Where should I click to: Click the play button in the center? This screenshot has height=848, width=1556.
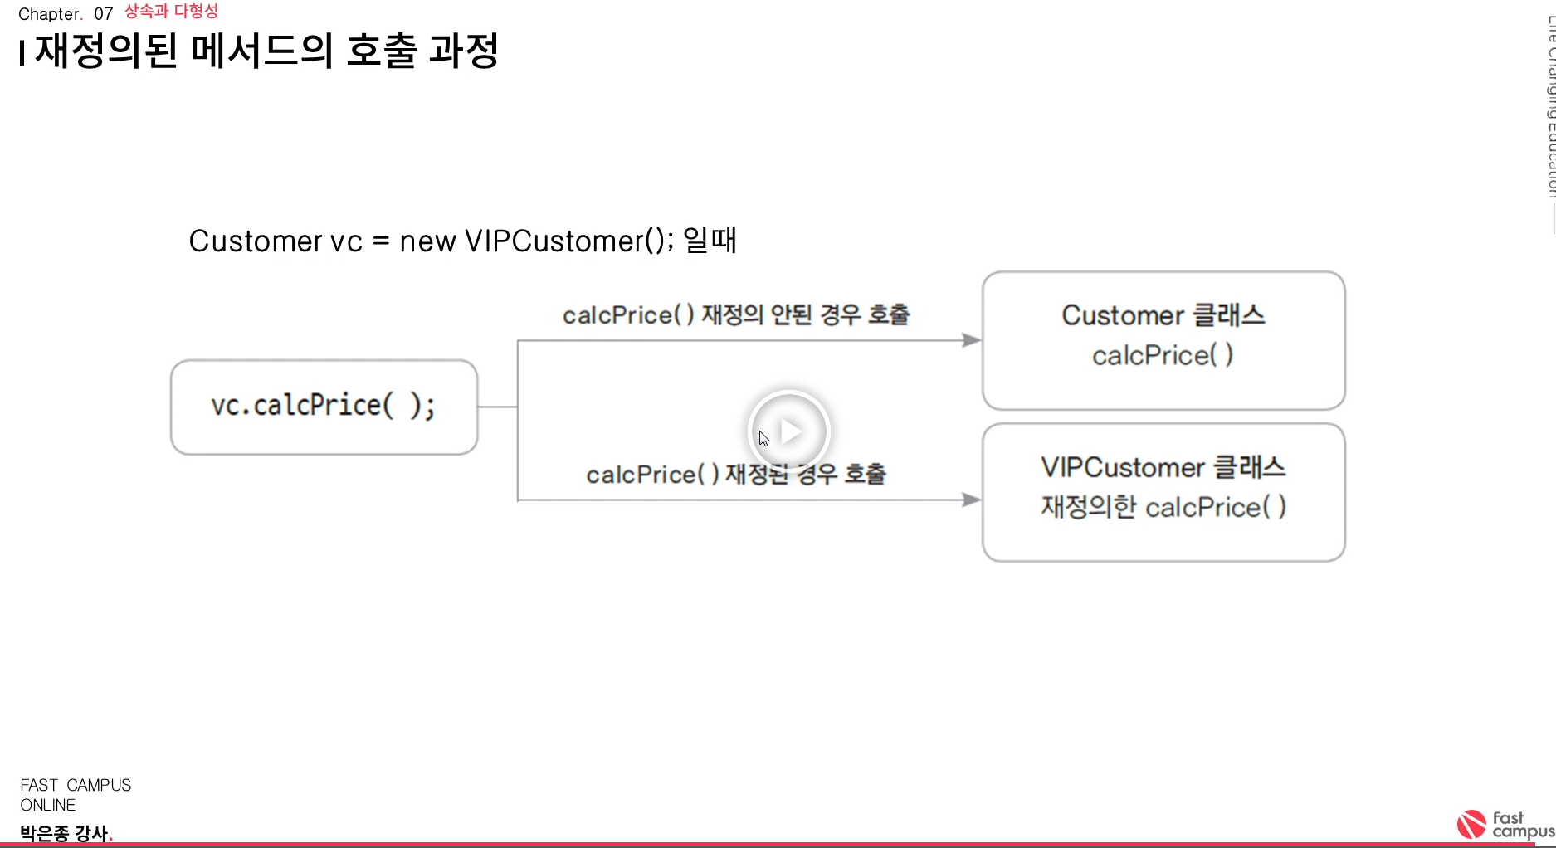pyautogui.click(x=788, y=431)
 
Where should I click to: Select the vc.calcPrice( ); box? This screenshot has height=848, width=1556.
pyautogui.click(x=324, y=407)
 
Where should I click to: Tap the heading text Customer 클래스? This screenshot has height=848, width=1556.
pyautogui.click(x=1163, y=315)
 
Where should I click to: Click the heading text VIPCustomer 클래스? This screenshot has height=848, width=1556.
pyautogui.click(x=1163, y=467)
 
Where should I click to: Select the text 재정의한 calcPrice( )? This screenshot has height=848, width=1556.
pyautogui.click(x=1163, y=507)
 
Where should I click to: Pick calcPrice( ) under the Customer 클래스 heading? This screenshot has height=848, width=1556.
pyautogui.click(x=1163, y=355)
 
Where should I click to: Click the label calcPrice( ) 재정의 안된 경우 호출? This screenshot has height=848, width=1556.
pyautogui.click(x=736, y=315)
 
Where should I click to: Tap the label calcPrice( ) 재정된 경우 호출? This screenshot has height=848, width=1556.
pyautogui.click(x=736, y=475)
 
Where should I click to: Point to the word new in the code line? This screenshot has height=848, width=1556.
pyautogui.click(x=427, y=241)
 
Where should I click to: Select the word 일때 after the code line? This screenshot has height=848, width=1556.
pyautogui.click(x=710, y=241)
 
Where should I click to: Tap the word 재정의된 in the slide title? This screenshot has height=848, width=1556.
pyautogui.click(x=106, y=51)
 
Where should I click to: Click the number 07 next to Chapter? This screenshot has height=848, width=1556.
pyautogui.click(x=103, y=14)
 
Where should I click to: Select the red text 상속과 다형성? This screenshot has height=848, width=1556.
pyautogui.click(x=171, y=12)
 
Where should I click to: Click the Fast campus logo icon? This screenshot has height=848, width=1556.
pyautogui.click(x=1471, y=825)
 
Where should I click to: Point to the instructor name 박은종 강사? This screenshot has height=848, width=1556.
pyautogui.click(x=64, y=833)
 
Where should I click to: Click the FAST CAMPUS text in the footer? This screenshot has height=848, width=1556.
pyautogui.click(x=76, y=785)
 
